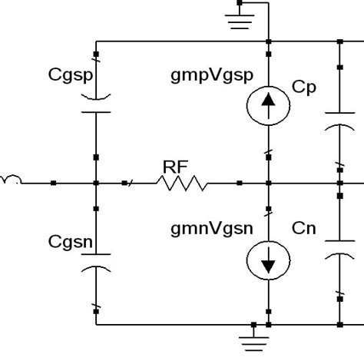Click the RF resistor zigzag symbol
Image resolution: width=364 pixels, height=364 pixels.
point(183,184)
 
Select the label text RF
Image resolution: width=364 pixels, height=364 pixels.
point(174,165)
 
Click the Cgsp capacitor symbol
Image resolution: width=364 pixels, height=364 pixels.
point(95,104)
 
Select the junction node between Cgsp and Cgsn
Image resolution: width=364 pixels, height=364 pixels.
point(95,184)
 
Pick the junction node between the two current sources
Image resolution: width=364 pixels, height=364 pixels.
point(268,184)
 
